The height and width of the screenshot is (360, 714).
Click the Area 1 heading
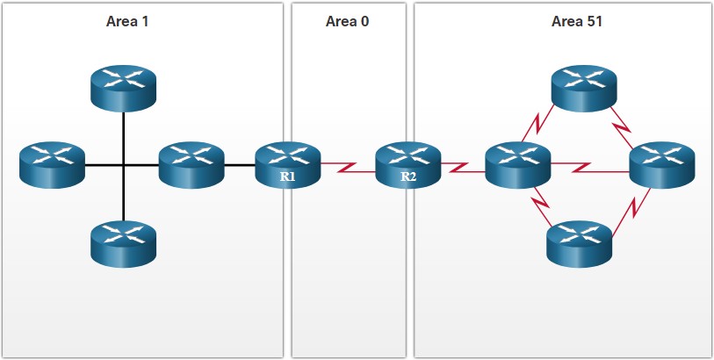coord(127,21)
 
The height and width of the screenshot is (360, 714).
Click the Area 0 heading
coord(347,21)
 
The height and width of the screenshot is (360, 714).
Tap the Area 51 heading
coord(576,21)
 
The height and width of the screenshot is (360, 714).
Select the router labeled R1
coord(288,165)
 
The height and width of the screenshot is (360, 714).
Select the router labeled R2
coord(408,165)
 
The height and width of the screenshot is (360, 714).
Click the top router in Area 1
coord(124,89)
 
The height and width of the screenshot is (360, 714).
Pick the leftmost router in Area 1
coord(53,165)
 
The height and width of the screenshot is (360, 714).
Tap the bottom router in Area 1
coord(124,244)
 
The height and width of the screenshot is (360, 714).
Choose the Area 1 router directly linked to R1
coord(191,165)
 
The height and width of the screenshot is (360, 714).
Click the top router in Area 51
coord(584,89)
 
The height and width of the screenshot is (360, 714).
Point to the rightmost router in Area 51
coord(662,165)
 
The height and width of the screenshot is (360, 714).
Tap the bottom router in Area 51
coord(580,244)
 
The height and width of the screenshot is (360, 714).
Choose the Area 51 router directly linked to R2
coord(518,165)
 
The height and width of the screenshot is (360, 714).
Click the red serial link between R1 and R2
coord(349,168)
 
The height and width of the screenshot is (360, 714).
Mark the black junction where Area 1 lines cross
coord(124,165)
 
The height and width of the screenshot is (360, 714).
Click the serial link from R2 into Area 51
coord(463,168)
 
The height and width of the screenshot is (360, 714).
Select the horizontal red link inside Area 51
coord(590,168)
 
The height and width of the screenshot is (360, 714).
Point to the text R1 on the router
coord(287,177)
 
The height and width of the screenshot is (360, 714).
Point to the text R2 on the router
coord(408,177)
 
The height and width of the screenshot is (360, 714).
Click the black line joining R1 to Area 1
coord(240,165)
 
